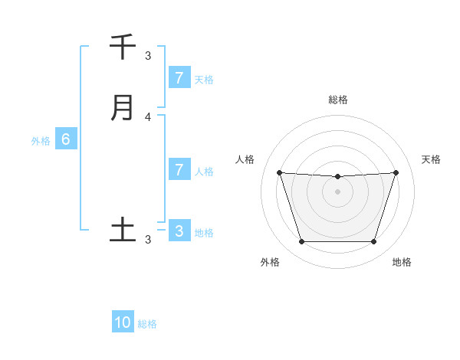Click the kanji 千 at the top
[x=123, y=47]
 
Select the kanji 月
[x=123, y=107]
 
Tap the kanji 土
[x=123, y=229]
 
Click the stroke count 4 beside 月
[x=148, y=117]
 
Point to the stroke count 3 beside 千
[x=148, y=56]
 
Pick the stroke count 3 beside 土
[x=148, y=240]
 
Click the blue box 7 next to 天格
[x=179, y=77]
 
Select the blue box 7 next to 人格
[x=179, y=169]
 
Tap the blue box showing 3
[x=179, y=231]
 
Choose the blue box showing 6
[x=66, y=139]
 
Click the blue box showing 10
[x=123, y=322]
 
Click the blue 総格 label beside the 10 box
[x=147, y=324]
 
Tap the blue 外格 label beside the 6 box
[x=41, y=141]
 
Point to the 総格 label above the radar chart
[x=338, y=100]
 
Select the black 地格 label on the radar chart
[x=402, y=263]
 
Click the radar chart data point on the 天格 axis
[x=396, y=172]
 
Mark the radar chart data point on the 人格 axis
[x=279, y=172]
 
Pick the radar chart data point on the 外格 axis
[x=301, y=242]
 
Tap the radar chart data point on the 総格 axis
[x=338, y=177]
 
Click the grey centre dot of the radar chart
[x=338, y=191]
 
